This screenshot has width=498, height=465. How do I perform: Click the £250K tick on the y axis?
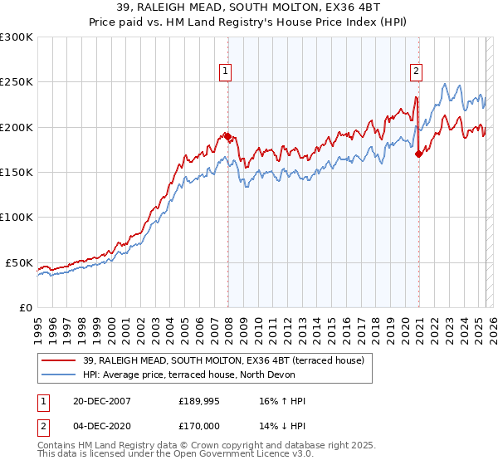click(x=17, y=82)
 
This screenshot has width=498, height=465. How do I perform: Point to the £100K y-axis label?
click(x=17, y=217)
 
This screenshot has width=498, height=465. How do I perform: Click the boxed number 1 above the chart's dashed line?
click(x=225, y=71)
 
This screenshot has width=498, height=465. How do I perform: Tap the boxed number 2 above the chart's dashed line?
click(x=415, y=71)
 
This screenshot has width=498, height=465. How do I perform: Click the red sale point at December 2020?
click(x=419, y=154)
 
